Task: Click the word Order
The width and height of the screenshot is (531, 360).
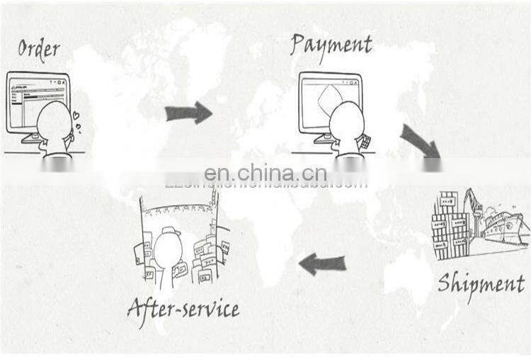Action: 38,49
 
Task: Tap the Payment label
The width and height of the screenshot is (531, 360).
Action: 331,45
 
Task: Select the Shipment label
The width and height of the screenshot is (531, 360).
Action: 481,283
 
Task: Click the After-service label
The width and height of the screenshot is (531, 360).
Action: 183,308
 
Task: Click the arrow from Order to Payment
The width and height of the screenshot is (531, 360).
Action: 188,112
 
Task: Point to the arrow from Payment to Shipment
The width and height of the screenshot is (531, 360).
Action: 420,140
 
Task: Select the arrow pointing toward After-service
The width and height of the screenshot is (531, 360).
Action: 323,264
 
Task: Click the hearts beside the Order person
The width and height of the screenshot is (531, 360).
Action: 76,120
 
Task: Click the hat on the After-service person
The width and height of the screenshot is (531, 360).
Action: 170,231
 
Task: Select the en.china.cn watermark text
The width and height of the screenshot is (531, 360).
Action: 265,173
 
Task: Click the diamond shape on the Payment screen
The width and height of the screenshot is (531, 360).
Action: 327,100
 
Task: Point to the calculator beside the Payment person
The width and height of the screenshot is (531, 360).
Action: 365,142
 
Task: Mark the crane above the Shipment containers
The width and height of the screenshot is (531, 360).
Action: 472,201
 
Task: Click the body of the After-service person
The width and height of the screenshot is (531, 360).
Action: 169,266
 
